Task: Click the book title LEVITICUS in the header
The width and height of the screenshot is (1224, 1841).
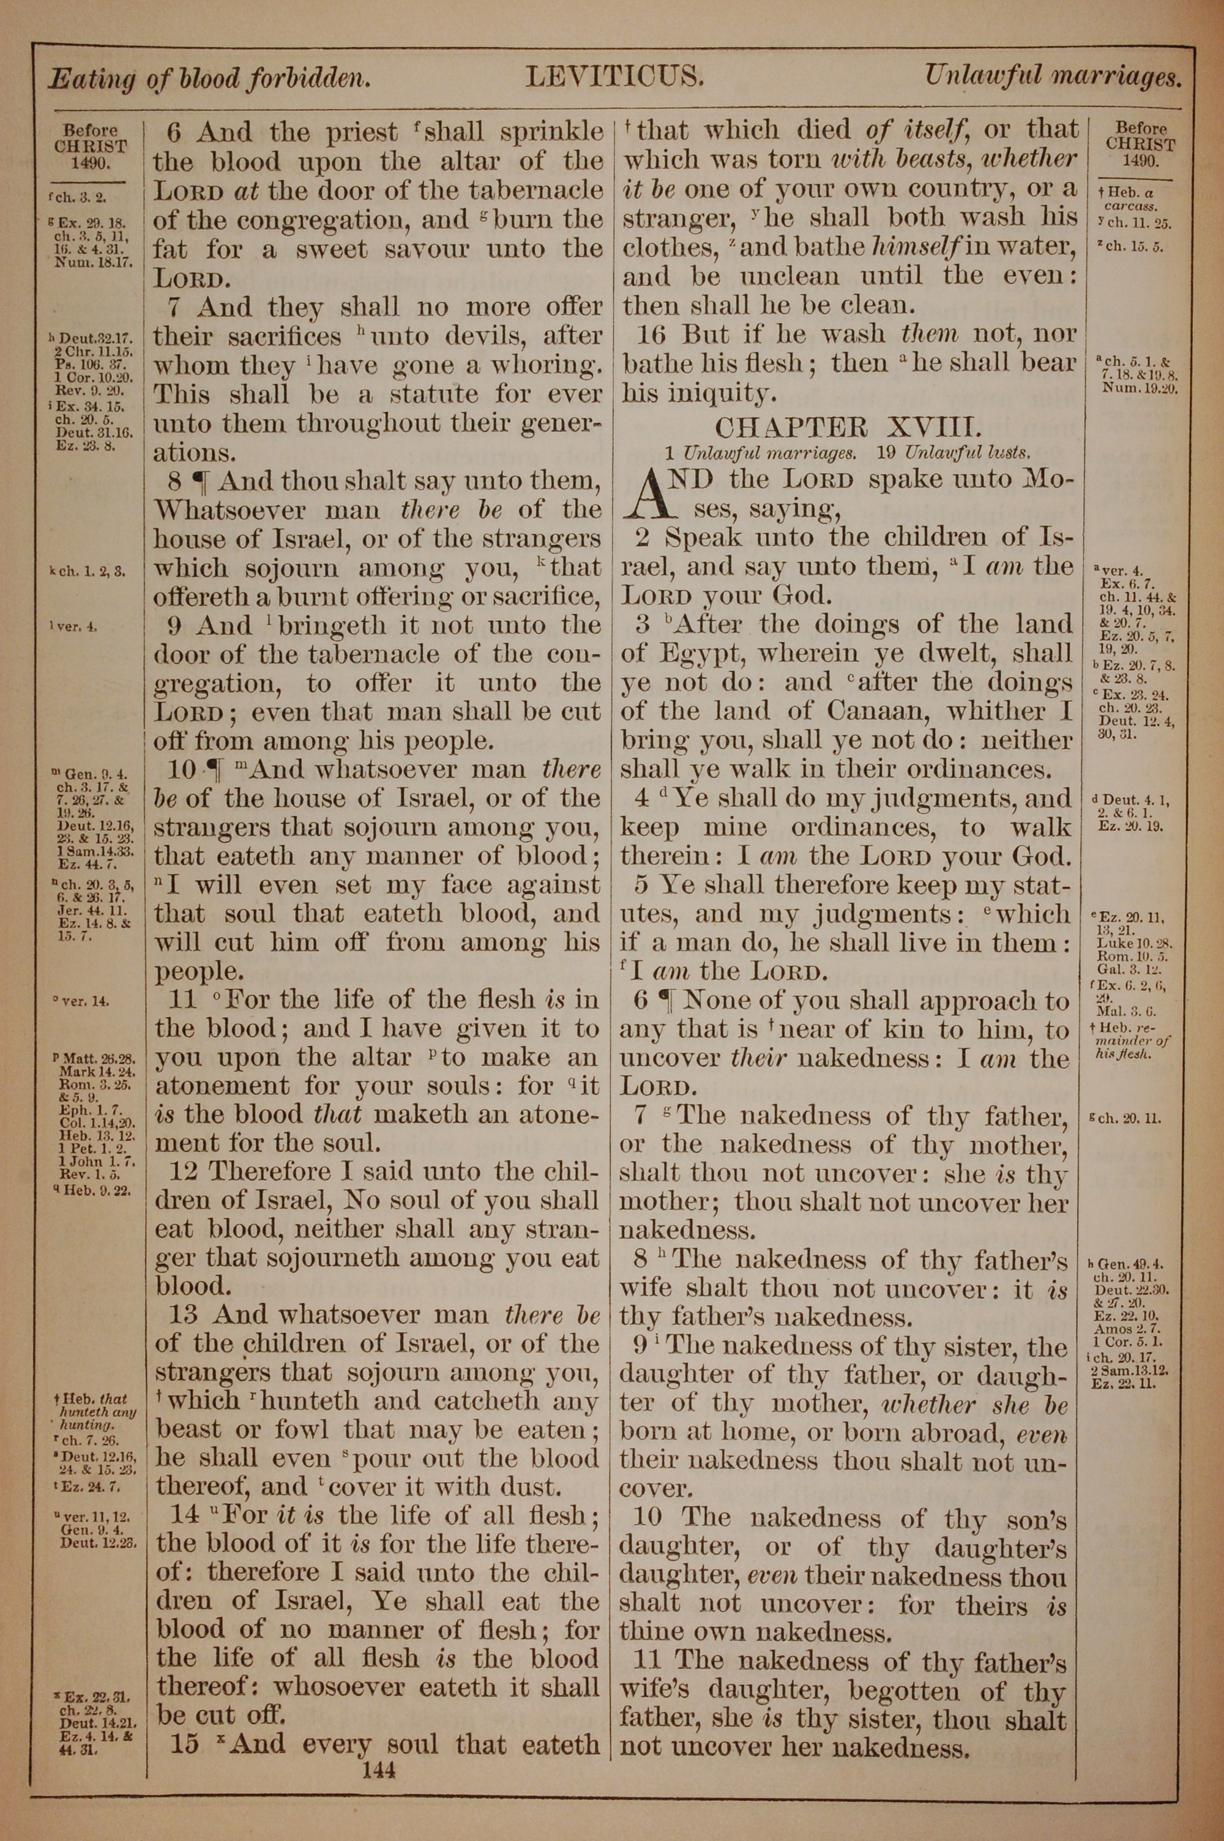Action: click(x=615, y=77)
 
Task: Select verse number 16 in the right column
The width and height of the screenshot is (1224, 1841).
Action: click(x=651, y=335)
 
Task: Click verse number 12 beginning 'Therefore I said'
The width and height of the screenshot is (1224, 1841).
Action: click(x=181, y=1171)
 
